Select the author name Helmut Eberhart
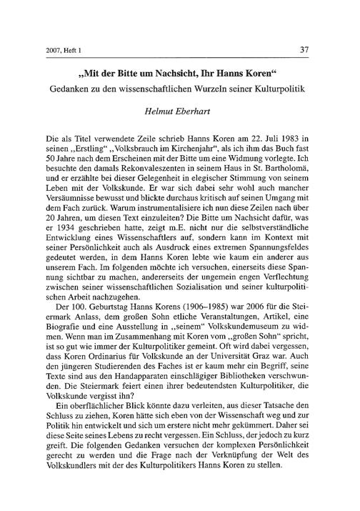tap(180, 108)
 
